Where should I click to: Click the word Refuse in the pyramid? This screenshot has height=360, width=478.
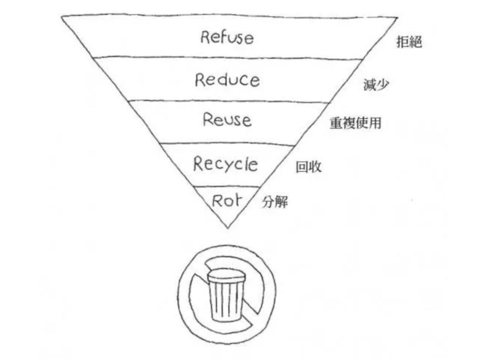click(227, 37)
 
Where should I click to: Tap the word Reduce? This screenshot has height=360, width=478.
click(227, 80)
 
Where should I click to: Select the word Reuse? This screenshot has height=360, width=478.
click(227, 120)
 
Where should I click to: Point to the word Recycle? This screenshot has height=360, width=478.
click(225, 164)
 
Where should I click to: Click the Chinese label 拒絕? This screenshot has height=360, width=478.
click(409, 43)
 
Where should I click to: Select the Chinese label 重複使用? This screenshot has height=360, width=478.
click(355, 123)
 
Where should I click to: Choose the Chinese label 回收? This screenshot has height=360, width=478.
click(308, 168)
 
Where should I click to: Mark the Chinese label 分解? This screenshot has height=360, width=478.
click(275, 203)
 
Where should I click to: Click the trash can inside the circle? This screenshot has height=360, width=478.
click(226, 297)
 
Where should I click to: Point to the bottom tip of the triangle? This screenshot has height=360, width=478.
click(227, 228)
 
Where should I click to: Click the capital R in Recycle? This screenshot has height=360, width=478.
click(199, 164)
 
